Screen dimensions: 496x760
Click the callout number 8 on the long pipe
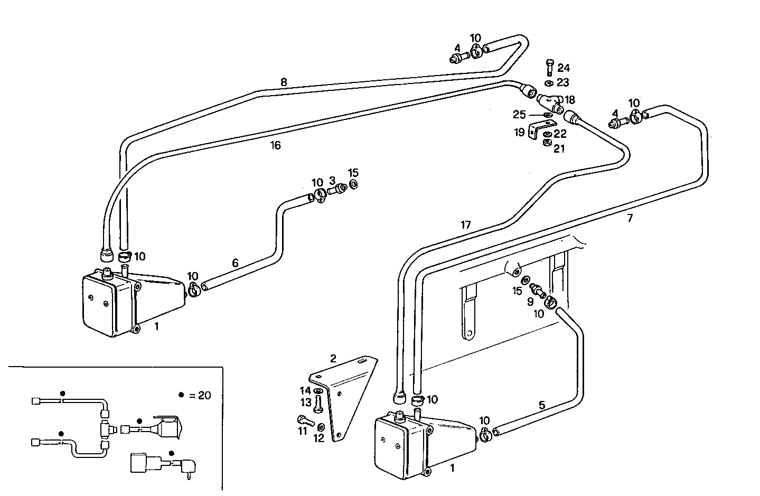coord(284,82)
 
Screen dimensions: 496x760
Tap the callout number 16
coord(275,145)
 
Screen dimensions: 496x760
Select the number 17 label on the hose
coord(465,225)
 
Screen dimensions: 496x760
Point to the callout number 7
coord(630,218)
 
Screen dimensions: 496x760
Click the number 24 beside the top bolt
coord(564,68)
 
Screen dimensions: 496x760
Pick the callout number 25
coord(519,115)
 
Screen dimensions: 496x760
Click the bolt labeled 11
coord(304,420)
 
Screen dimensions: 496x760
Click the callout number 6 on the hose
coord(236,263)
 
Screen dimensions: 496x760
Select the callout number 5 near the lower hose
coord(542,406)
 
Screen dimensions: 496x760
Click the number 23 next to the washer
coord(562,82)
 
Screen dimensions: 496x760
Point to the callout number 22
coord(560,134)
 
